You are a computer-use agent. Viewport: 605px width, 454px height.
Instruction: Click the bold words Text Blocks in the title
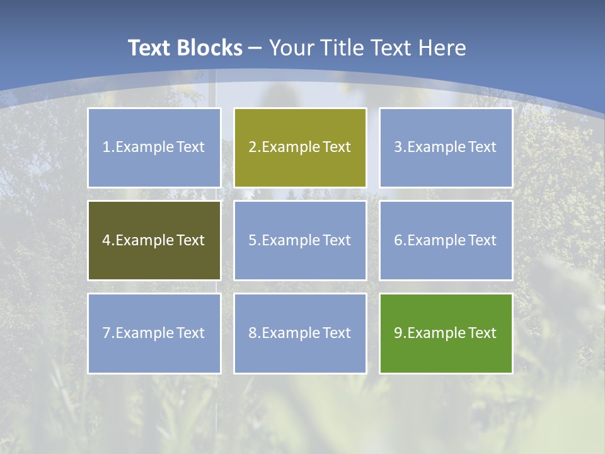click(x=185, y=48)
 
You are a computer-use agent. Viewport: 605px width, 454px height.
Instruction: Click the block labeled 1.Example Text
click(x=154, y=148)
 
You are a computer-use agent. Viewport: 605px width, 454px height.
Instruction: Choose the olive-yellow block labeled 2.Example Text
click(x=300, y=148)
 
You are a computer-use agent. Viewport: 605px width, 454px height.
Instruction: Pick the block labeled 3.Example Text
click(x=446, y=148)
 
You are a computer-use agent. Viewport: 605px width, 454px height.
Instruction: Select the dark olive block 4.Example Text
click(x=154, y=240)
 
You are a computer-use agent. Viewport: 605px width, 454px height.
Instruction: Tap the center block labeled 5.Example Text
click(x=300, y=240)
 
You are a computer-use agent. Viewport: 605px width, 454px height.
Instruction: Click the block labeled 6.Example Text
click(x=446, y=240)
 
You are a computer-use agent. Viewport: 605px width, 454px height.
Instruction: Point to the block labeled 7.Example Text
click(x=154, y=333)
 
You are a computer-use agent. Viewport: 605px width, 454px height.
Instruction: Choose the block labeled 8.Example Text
click(x=300, y=333)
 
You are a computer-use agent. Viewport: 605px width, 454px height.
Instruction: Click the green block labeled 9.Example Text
click(x=446, y=333)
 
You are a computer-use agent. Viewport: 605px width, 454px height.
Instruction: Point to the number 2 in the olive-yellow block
click(x=252, y=148)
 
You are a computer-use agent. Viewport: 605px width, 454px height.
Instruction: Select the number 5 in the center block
click(x=252, y=240)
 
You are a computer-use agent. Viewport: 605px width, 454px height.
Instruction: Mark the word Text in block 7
click(x=190, y=333)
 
